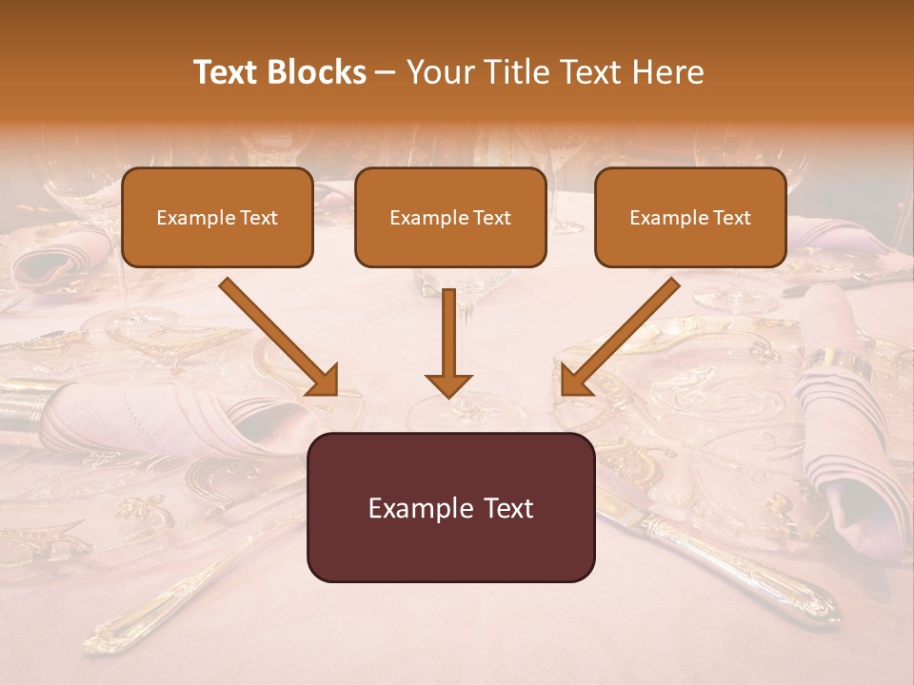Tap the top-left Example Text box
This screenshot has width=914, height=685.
(x=217, y=217)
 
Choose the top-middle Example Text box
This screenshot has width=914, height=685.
(x=450, y=217)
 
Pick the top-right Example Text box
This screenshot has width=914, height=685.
(x=690, y=217)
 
